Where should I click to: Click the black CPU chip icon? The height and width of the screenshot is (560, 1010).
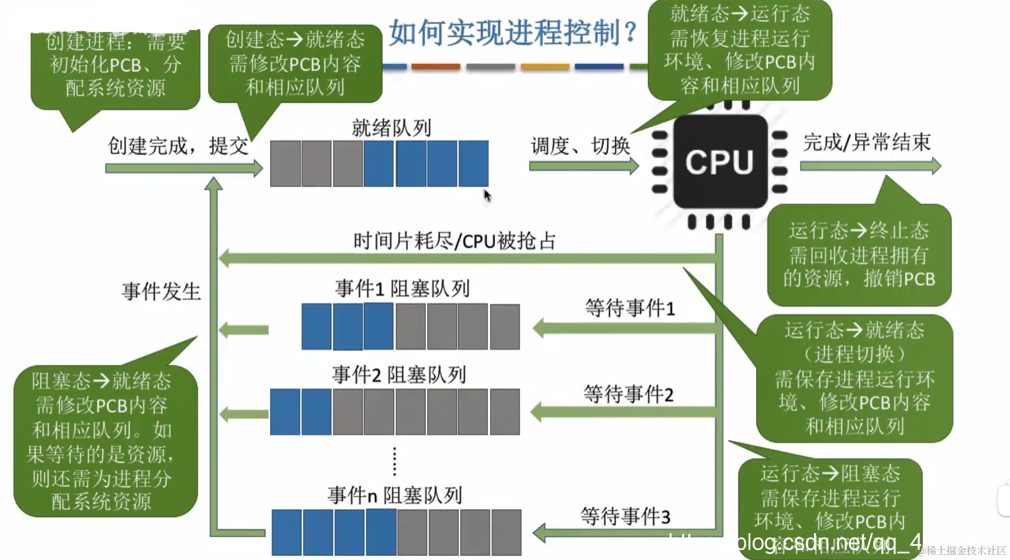(720, 162)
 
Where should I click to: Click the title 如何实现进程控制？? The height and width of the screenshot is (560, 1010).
(513, 32)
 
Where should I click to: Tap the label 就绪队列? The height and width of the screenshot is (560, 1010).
(391, 128)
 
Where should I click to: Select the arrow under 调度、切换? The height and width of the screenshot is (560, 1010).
(583, 166)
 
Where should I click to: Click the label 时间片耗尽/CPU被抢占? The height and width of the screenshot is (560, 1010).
(455, 241)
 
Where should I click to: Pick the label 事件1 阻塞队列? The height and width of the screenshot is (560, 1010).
(402, 289)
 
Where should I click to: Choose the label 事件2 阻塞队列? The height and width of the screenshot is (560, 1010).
(399, 375)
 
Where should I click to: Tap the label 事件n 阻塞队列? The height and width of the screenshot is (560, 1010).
(394, 495)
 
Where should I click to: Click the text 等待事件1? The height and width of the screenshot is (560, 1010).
(630, 308)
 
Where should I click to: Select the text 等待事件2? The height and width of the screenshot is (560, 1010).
(628, 394)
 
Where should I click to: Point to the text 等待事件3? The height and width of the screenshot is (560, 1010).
(625, 516)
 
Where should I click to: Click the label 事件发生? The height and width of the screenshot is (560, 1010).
(161, 291)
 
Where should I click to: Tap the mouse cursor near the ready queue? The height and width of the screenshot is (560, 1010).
(487, 195)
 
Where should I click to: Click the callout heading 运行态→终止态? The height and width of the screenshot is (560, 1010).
(859, 231)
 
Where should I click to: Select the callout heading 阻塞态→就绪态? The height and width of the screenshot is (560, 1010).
(101, 381)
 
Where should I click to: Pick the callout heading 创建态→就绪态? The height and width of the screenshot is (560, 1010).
(294, 40)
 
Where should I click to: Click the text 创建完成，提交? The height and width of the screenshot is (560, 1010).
(178, 146)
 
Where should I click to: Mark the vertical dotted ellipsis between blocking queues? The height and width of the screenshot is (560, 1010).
(394, 461)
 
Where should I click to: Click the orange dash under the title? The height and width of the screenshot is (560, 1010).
(435, 66)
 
